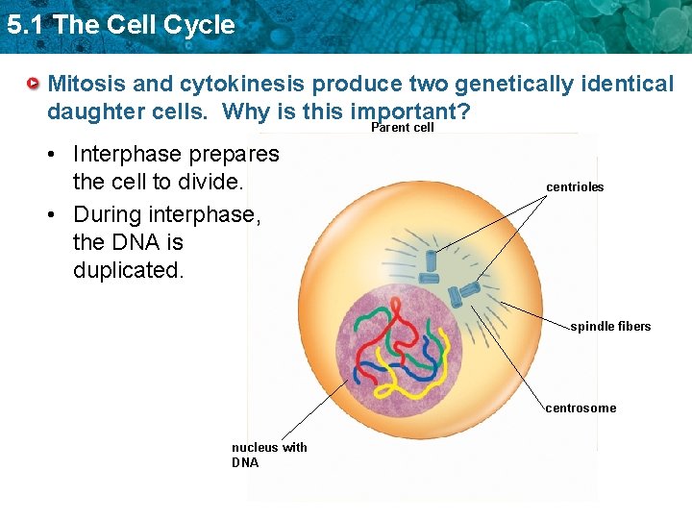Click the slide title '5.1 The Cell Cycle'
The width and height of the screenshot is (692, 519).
pyautogui.click(x=120, y=25)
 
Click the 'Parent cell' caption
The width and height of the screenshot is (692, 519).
pyautogui.click(x=402, y=128)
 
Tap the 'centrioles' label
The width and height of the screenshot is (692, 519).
pyautogui.click(x=575, y=187)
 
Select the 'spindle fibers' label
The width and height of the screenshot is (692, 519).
pyautogui.click(x=610, y=327)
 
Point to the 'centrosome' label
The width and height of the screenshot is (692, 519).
pyautogui.click(x=581, y=408)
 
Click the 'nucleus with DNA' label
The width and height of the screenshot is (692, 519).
pyautogui.click(x=268, y=455)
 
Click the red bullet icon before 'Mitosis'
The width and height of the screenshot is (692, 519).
pyautogui.click(x=34, y=84)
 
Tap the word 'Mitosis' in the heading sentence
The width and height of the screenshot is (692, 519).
pyautogui.click(x=88, y=84)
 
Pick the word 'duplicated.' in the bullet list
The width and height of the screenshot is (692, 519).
pyautogui.click(x=127, y=271)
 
